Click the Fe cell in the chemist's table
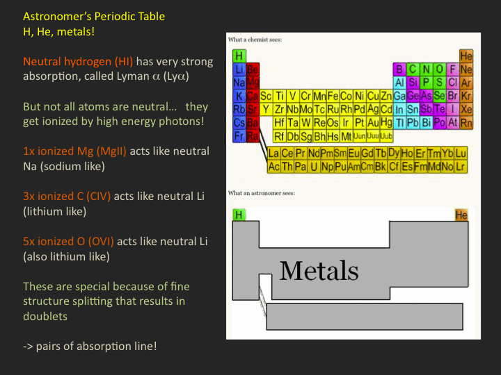coord(333,96)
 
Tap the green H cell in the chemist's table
coord(239,56)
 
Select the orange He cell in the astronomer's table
coord(461,215)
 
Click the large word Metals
coord(319,271)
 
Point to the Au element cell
coord(373,122)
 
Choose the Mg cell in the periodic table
coord(253,82)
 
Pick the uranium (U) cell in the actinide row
coord(314,167)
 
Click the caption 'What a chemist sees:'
coord(255,40)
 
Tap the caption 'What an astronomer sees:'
coord(262,193)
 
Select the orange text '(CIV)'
coord(98,196)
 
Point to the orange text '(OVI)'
coord(101,242)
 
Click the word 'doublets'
coord(45,316)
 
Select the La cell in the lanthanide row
coord(274,153)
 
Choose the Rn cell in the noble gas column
coord(466,122)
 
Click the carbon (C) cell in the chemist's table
coord(413,69)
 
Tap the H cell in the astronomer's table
coord(239,215)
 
